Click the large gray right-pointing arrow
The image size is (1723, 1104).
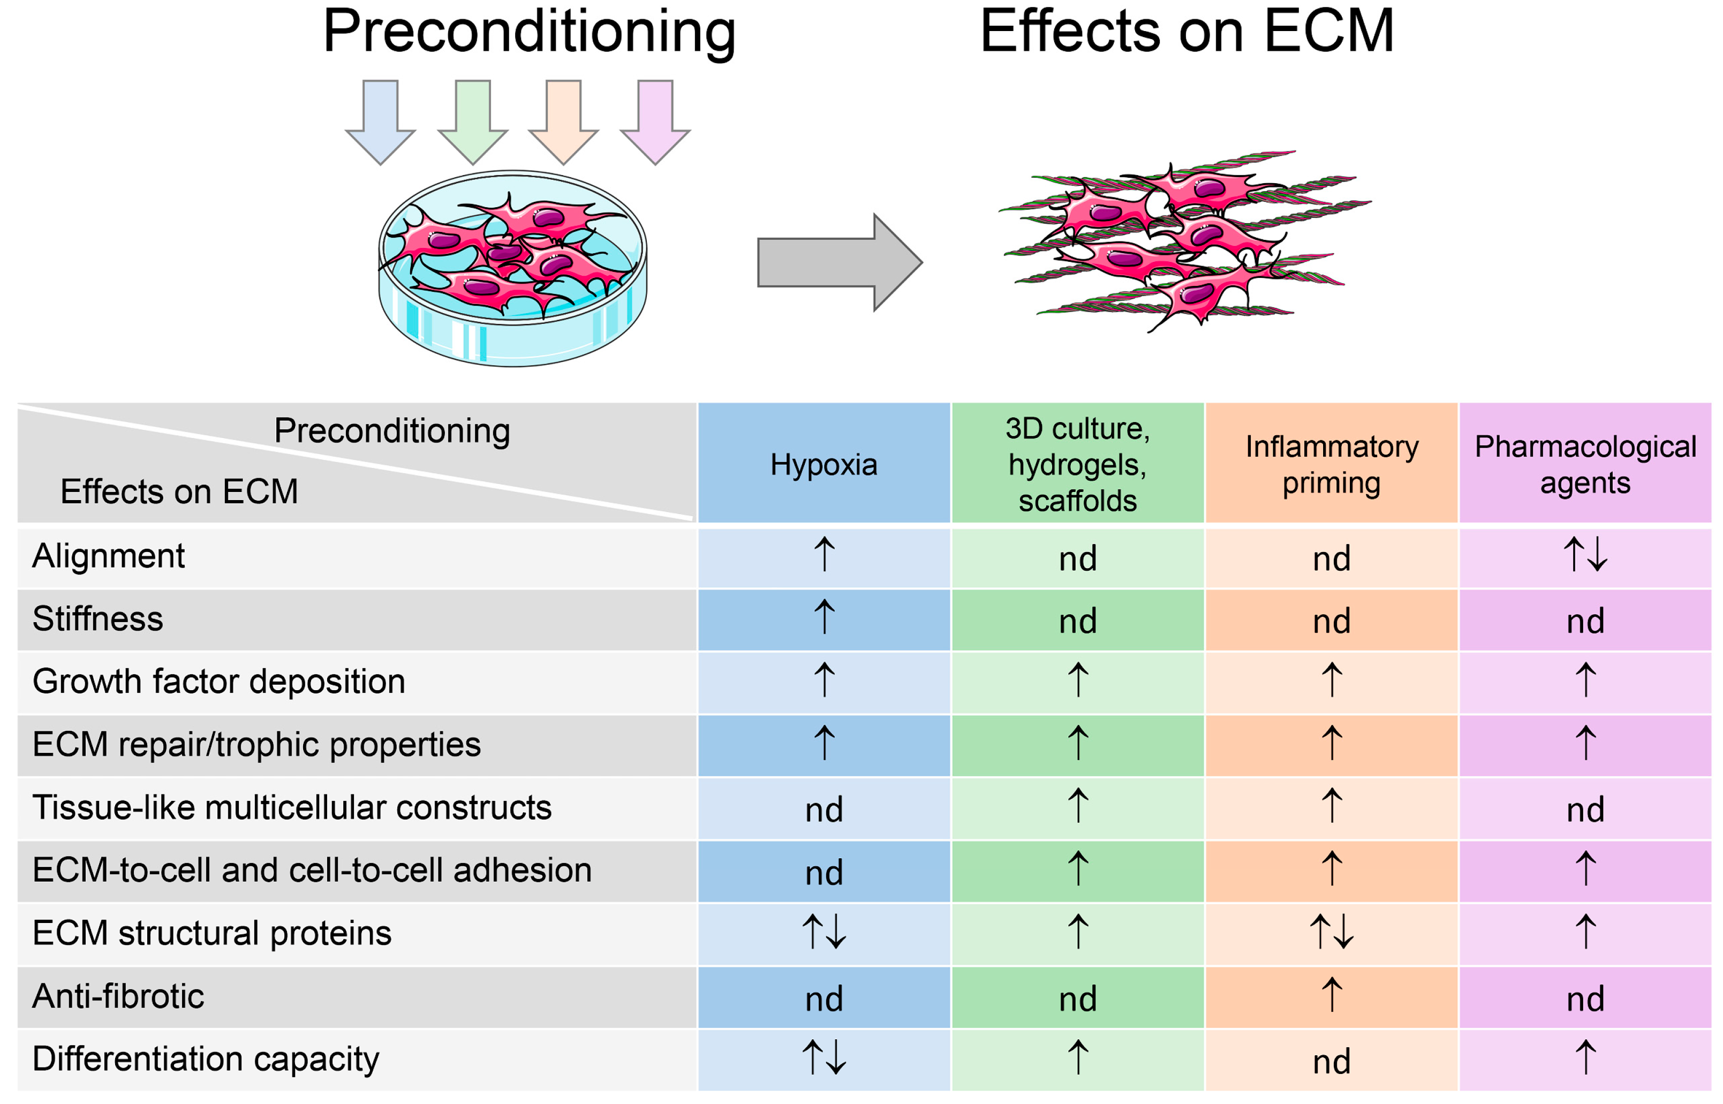838,262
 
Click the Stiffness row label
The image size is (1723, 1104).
98,619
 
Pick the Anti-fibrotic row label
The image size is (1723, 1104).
118,996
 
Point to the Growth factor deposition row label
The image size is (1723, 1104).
218,681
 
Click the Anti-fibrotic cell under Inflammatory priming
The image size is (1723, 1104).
1331,996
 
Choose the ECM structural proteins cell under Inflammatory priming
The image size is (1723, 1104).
1331,933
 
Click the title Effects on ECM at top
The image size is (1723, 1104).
1186,32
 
